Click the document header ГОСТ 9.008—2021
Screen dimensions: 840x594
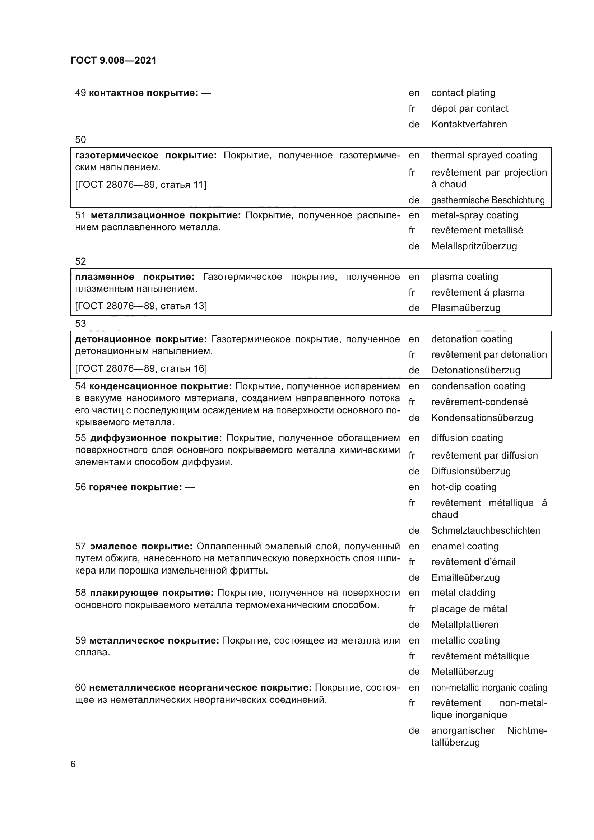pyautogui.click(x=113, y=60)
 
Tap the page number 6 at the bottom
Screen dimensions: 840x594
pyautogui.click(x=73, y=764)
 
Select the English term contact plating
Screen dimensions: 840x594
pyautogui.click(x=463, y=93)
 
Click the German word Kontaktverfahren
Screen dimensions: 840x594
pyautogui.click(x=469, y=124)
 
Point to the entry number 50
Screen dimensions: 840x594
pyautogui.click(x=80, y=140)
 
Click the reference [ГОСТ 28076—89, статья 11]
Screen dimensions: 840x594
pyautogui.click(x=140, y=185)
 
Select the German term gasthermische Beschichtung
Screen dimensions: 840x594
pyautogui.click(x=488, y=200)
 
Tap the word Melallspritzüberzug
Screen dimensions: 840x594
pyautogui.click(x=474, y=246)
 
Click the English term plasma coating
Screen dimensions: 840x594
pyautogui.click(x=464, y=277)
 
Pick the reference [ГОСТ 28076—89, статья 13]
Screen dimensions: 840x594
pyautogui.click(x=141, y=306)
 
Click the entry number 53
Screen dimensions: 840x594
pyautogui.click(x=80, y=324)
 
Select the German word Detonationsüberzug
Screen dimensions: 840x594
pyautogui.click(x=475, y=370)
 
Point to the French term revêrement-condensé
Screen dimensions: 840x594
pyautogui.click(x=479, y=402)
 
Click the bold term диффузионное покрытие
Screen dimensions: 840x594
pyautogui.click(x=156, y=438)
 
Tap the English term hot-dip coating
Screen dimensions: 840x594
pyautogui.click(x=464, y=487)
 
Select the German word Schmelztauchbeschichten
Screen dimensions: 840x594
pyautogui.click(x=486, y=530)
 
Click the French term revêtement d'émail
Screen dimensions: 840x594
pyautogui.click(x=473, y=562)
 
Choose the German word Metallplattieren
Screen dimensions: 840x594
pyautogui.click(x=465, y=625)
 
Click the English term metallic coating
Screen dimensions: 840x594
pyautogui.click(x=465, y=640)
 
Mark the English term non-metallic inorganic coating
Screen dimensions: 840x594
pyautogui.click(x=489, y=688)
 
